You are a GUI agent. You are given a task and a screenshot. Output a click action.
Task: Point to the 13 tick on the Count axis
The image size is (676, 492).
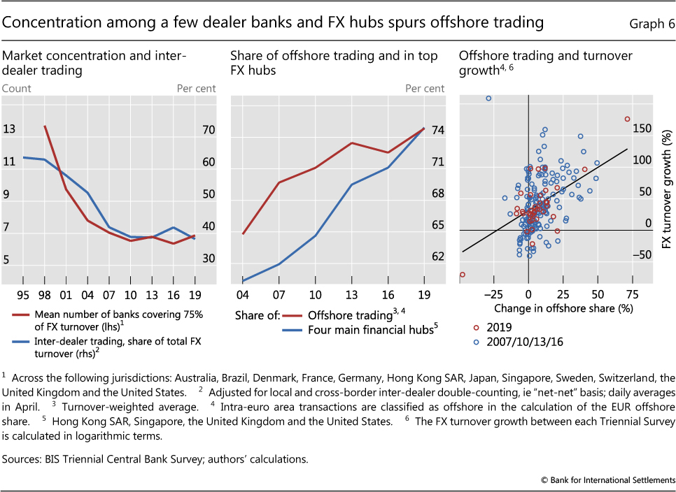[9, 129]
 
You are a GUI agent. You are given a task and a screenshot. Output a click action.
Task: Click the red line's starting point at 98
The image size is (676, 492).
[45, 126]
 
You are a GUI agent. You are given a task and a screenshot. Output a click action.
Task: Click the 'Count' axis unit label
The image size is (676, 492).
[17, 88]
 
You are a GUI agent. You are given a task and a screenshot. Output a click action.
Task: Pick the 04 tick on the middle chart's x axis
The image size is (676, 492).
[242, 295]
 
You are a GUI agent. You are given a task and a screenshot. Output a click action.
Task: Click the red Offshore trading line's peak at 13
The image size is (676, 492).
[351, 143]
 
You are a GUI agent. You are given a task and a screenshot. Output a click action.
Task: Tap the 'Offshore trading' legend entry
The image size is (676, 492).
[332, 315]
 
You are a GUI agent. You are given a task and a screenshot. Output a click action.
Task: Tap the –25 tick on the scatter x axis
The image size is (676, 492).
[493, 294]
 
